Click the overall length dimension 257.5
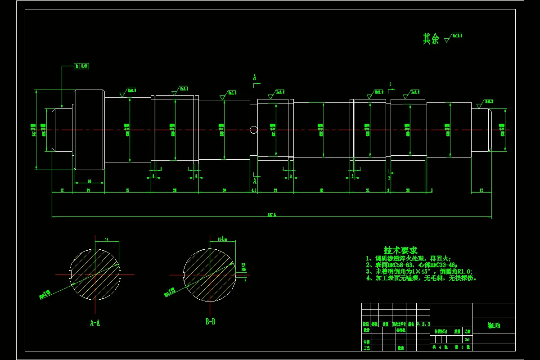click(271, 215)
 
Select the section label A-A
click(95, 322)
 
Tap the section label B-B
click(210, 322)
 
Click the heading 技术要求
click(400, 250)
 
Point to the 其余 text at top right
click(430, 39)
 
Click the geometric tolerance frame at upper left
click(81, 66)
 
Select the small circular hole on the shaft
click(254, 130)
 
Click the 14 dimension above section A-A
click(107, 240)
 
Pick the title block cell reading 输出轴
click(494, 325)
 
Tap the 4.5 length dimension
click(254, 190)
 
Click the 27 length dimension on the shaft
click(128, 190)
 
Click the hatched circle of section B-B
click(209, 274)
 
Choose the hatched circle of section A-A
click(94, 274)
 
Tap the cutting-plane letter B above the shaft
click(390, 84)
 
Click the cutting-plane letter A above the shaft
click(254, 77)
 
